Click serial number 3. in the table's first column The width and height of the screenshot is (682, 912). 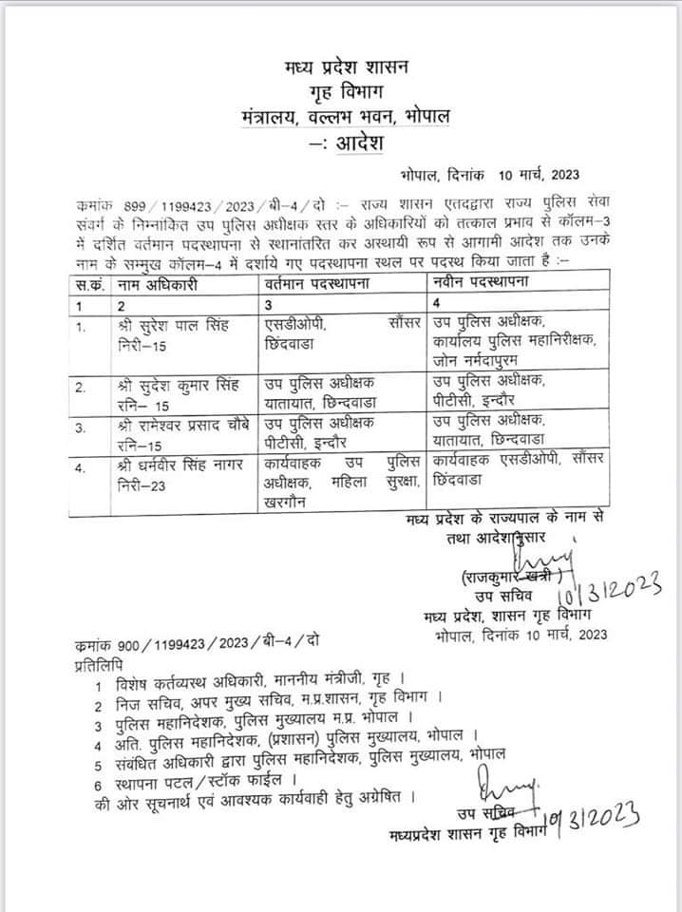coord(84,428)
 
